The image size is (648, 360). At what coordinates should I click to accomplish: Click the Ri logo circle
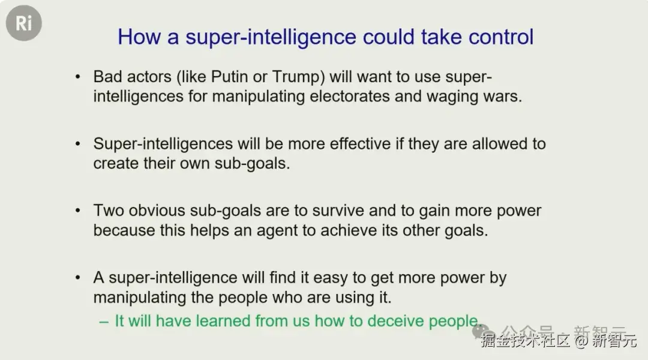[x=23, y=23]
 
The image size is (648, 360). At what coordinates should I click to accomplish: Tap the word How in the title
[x=139, y=37]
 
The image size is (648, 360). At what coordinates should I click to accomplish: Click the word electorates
[x=350, y=97]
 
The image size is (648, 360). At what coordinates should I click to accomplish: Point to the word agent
[x=277, y=231]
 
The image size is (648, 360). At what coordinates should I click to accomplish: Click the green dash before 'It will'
[x=104, y=322]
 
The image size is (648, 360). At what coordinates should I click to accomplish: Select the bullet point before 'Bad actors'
[x=77, y=77]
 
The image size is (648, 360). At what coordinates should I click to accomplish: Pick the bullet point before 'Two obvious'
[x=77, y=211]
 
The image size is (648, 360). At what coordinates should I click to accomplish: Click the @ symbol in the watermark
[x=581, y=341]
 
